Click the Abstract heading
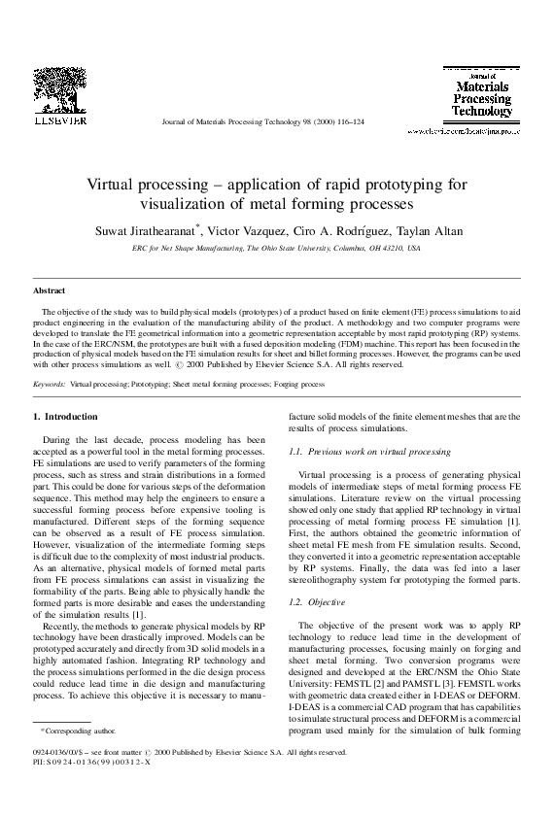pos(49,290)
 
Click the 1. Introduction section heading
pos(65,417)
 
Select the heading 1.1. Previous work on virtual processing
pos(370,452)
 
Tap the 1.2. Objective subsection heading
pos(325,603)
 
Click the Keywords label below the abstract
pos(50,385)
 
